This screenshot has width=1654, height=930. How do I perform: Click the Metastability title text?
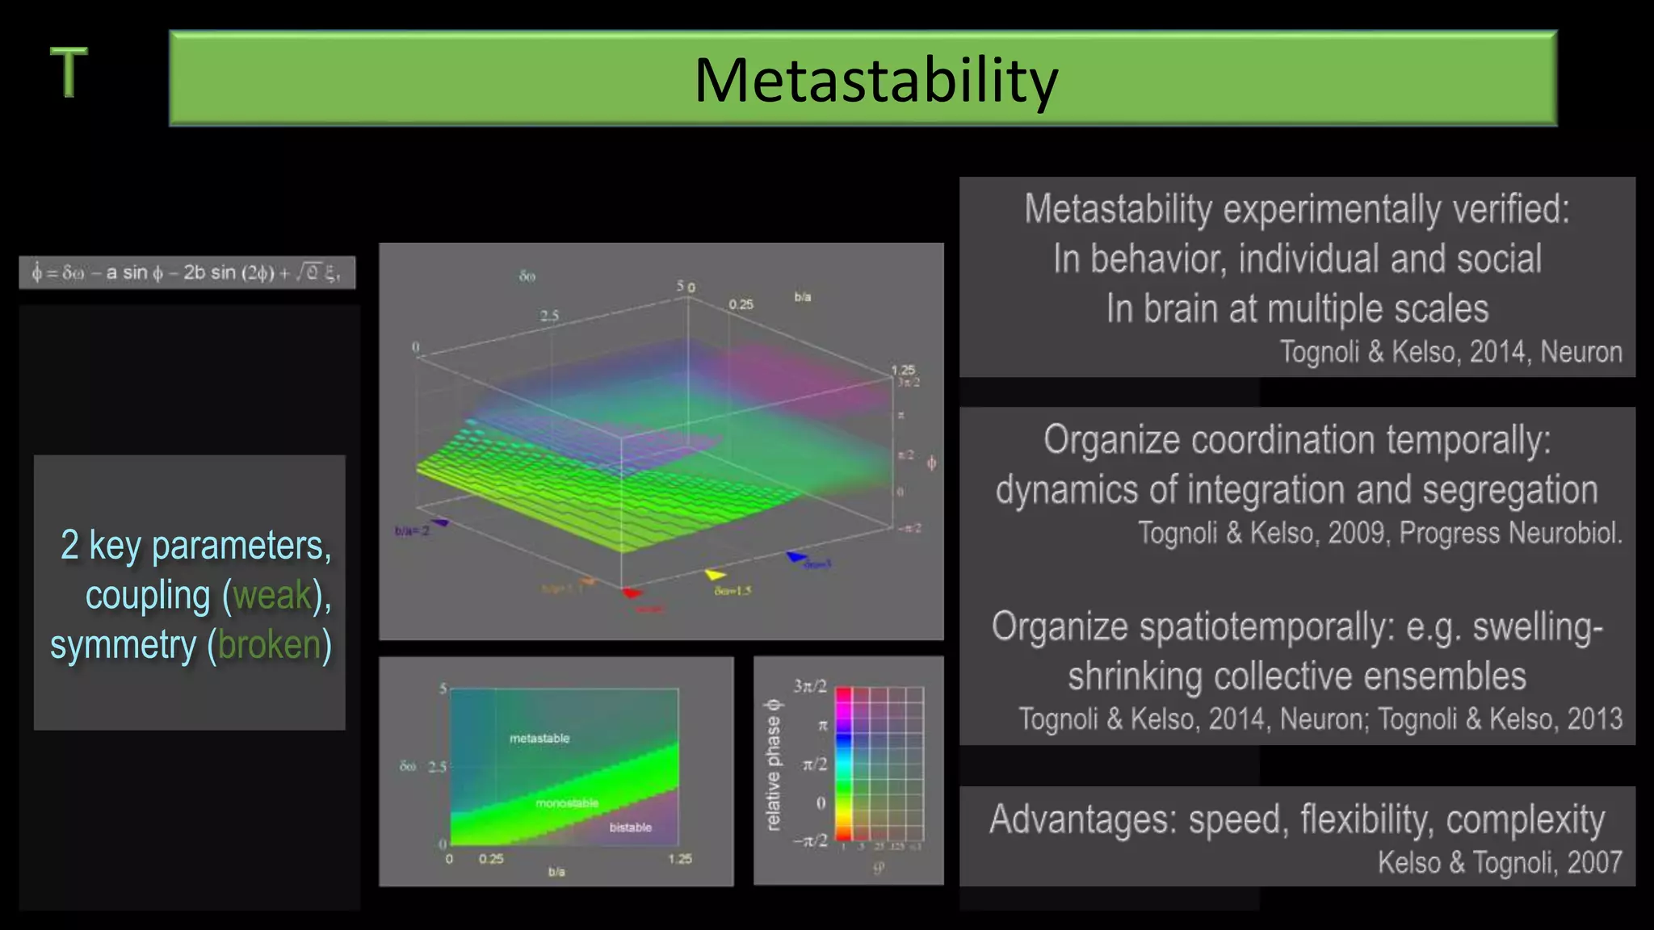[875, 81]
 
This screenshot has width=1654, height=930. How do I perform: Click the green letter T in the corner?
[69, 72]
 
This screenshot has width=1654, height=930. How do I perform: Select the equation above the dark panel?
[187, 273]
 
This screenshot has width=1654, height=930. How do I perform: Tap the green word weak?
[272, 596]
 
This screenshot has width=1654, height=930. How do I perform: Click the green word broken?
[269, 645]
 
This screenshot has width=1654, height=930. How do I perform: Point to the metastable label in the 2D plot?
[539, 738]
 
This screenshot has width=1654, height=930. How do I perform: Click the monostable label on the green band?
[567, 803]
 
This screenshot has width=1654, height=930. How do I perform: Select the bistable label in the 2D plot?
[630, 827]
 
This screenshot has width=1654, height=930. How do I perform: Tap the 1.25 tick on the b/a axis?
[679, 859]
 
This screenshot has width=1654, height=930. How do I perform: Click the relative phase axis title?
[773, 764]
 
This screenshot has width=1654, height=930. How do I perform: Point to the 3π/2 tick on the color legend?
[810, 686]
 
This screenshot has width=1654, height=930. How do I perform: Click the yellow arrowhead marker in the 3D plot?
[715, 575]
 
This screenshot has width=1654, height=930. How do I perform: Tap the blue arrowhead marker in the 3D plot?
[796, 556]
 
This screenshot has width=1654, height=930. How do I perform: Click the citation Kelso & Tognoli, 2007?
[1499, 862]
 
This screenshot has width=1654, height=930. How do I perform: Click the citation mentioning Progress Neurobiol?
[1379, 533]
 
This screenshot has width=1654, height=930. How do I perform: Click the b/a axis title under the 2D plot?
[556, 872]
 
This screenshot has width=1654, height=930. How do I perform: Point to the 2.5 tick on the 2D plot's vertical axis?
[437, 766]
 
